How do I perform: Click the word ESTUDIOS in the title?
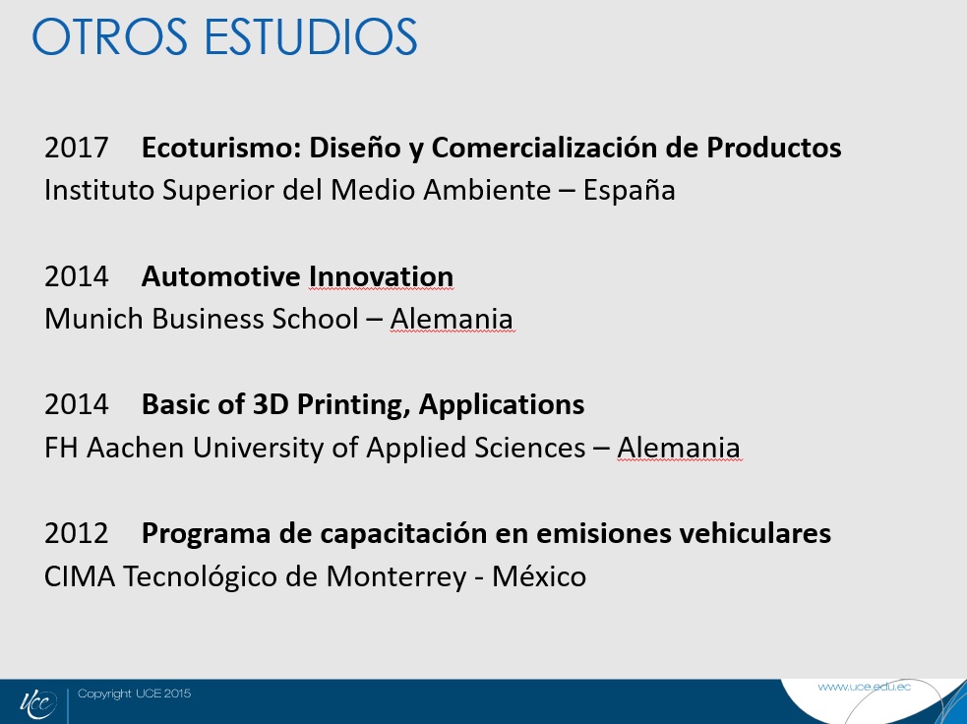click(310, 37)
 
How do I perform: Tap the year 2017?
click(77, 148)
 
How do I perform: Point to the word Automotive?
click(220, 276)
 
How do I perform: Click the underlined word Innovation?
click(381, 276)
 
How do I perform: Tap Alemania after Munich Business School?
click(452, 320)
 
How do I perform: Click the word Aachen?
click(135, 449)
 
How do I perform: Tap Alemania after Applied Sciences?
click(679, 449)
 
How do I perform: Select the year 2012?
click(77, 534)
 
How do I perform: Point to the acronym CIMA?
click(80, 577)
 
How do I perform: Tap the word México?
click(539, 576)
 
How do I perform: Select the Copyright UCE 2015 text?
click(135, 694)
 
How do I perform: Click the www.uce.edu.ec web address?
click(864, 687)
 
